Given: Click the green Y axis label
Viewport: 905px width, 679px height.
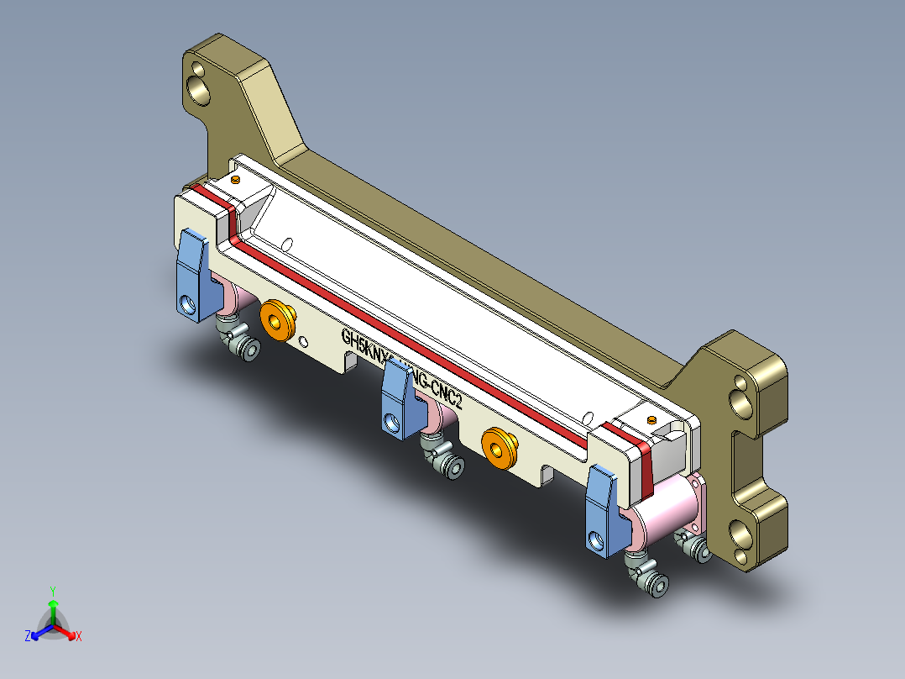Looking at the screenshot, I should (52, 590).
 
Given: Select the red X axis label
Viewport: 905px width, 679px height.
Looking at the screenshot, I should (79, 637).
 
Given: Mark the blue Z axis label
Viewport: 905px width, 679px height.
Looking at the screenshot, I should (27, 637).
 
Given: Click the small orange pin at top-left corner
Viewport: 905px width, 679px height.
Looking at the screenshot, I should (236, 179).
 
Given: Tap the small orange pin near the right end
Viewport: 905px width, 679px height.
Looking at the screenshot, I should (652, 418).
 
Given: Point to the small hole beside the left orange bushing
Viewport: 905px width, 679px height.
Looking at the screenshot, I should (303, 340).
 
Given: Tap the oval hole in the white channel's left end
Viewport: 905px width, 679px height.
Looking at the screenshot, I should (286, 244).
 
